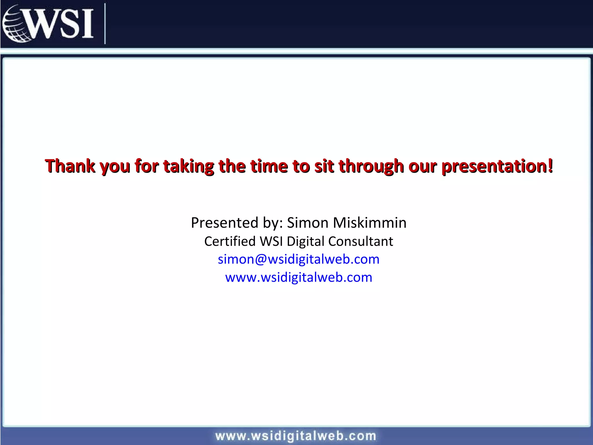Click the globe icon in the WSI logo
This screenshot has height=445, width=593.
[x=14, y=24]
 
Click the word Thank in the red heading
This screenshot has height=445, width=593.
[x=70, y=166]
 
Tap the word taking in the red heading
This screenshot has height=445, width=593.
[x=188, y=166]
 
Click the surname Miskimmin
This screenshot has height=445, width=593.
[x=370, y=223]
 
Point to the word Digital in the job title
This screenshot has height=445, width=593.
[x=305, y=241]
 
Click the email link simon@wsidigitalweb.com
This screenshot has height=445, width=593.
[x=299, y=259]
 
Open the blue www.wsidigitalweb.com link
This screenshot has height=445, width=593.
[x=299, y=278]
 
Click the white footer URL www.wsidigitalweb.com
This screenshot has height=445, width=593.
[x=296, y=436]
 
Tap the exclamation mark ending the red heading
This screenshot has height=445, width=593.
[x=550, y=166]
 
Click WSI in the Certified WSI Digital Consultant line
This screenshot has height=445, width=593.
[x=271, y=241]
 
